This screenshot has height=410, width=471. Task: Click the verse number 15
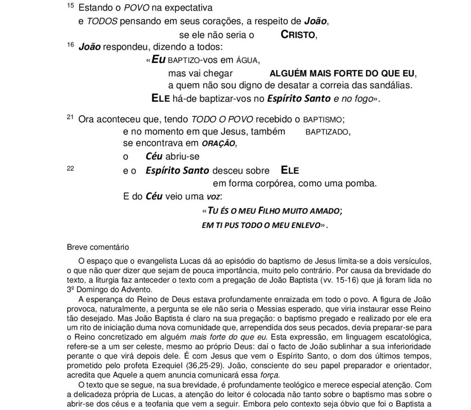point(70,6)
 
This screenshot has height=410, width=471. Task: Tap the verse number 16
point(70,44)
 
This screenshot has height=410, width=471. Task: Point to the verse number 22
point(70,168)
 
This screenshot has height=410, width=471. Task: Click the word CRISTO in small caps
point(298,35)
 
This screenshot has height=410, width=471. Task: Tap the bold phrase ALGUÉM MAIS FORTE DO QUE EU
point(342,74)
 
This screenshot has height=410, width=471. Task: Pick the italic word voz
point(213,197)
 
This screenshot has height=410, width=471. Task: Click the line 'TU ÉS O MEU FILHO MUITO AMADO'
point(275,211)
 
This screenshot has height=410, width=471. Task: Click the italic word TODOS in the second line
point(101,21)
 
